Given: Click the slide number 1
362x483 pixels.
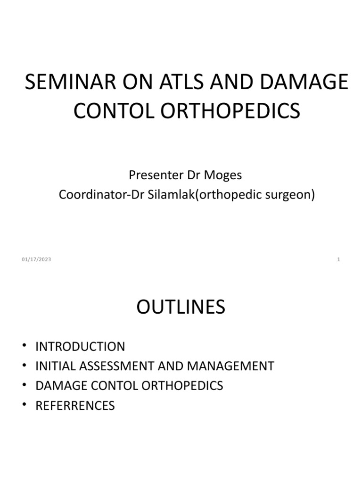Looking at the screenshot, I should (x=338, y=259).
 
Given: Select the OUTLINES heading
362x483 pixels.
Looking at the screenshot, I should (x=181, y=308).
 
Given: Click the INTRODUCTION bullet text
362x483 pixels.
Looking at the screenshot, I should (x=80, y=347).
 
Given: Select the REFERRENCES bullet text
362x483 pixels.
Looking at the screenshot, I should (x=75, y=406).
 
